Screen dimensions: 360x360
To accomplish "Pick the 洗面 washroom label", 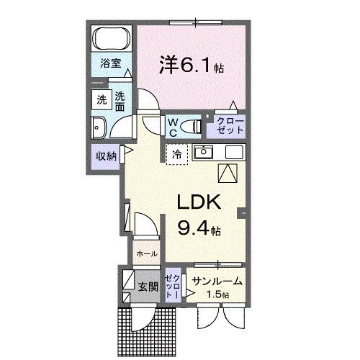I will pos(120,102).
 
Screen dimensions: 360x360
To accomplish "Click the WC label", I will pos(174,127).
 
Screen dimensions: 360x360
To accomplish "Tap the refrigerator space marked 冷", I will pos(176,153).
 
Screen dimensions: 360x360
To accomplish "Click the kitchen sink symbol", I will pos(204,152).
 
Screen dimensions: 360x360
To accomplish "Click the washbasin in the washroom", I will pos(101,127).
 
